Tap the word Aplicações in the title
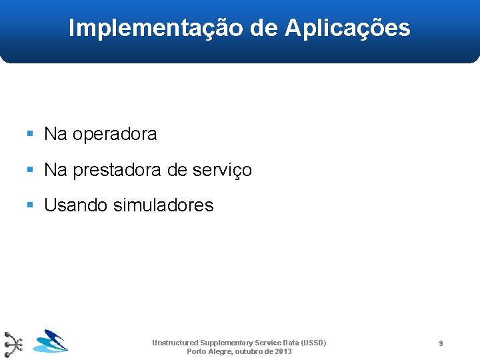click(347, 28)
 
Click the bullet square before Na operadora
click(30, 134)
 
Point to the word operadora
click(115, 135)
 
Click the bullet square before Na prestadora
click(30, 170)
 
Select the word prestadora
click(117, 171)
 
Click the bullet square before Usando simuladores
click(30, 205)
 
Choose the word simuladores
click(163, 205)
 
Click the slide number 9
click(441, 343)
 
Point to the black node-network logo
click(13, 344)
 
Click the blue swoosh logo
click(51, 341)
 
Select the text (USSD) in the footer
click(313, 343)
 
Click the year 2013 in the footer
click(283, 351)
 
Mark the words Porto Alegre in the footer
click(207, 351)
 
